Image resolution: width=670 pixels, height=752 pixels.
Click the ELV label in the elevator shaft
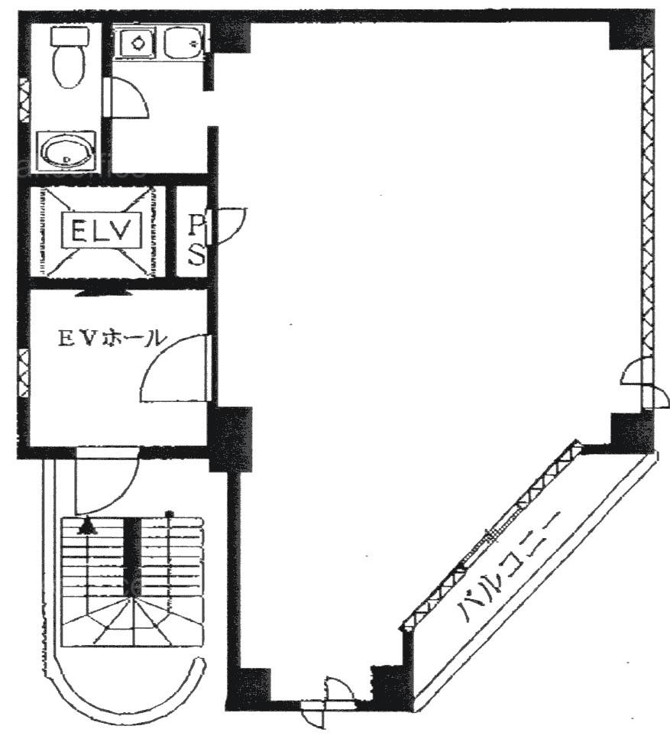click(x=101, y=230)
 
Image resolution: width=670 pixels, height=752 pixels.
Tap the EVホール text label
click(x=112, y=339)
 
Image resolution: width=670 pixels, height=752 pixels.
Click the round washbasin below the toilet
click(x=67, y=150)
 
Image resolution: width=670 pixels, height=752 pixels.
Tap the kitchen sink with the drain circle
click(x=138, y=44)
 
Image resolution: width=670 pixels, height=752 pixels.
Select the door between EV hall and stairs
click(x=106, y=480)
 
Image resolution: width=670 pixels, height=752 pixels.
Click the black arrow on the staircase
click(x=86, y=527)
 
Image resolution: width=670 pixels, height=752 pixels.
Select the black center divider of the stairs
click(x=132, y=557)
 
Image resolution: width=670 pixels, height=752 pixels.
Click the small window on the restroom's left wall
click(x=23, y=101)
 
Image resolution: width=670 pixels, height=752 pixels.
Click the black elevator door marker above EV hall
click(x=100, y=293)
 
